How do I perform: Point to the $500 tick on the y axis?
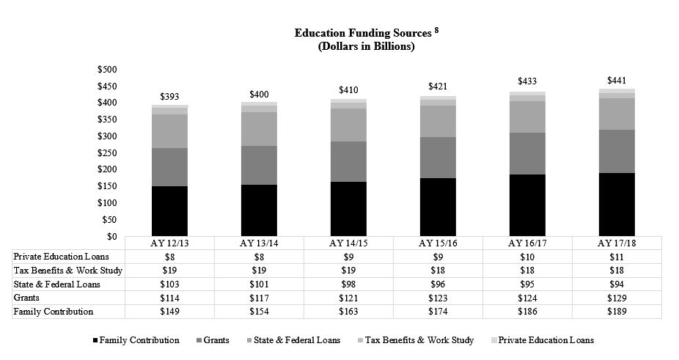click(x=107, y=69)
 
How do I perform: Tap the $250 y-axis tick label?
click(x=107, y=153)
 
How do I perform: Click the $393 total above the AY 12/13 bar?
click(x=169, y=97)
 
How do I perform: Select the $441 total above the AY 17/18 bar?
click(x=617, y=81)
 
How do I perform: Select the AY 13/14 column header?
click(x=259, y=243)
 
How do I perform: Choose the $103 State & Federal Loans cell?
click(x=169, y=284)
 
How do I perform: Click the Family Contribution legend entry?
click(x=136, y=340)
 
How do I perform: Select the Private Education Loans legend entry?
click(x=542, y=340)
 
